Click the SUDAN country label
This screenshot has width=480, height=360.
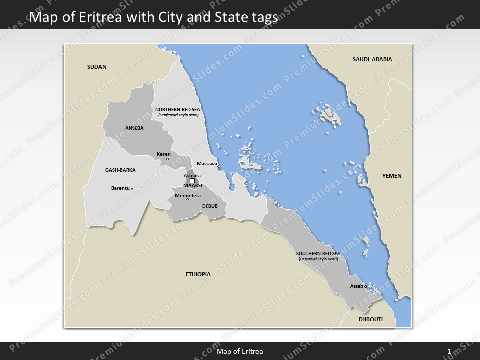(97, 67)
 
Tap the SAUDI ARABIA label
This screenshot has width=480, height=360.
(372, 59)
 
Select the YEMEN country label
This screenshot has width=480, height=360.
(392, 176)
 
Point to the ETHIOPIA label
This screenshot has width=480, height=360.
(198, 274)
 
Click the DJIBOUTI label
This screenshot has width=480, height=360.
(370, 319)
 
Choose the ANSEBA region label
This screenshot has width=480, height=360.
(134, 128)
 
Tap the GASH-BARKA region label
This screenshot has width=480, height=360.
(120, 170)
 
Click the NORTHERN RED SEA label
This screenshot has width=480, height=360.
(178, 109)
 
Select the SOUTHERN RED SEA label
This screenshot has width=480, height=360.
(317, 254)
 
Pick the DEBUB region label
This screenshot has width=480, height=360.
(210, 206)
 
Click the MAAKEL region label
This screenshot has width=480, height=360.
(193, 186)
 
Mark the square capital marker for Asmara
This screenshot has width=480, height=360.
(192, 181)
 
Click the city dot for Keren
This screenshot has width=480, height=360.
(167, 159)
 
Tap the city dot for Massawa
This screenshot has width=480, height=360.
(218, 167)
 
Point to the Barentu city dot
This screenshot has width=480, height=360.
(132, 189)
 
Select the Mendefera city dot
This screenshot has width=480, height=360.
(188, 199)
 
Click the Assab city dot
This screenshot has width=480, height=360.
(365, 286)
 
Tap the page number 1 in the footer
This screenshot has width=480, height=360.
(449, 352)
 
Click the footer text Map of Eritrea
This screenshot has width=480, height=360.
(240, 352)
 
